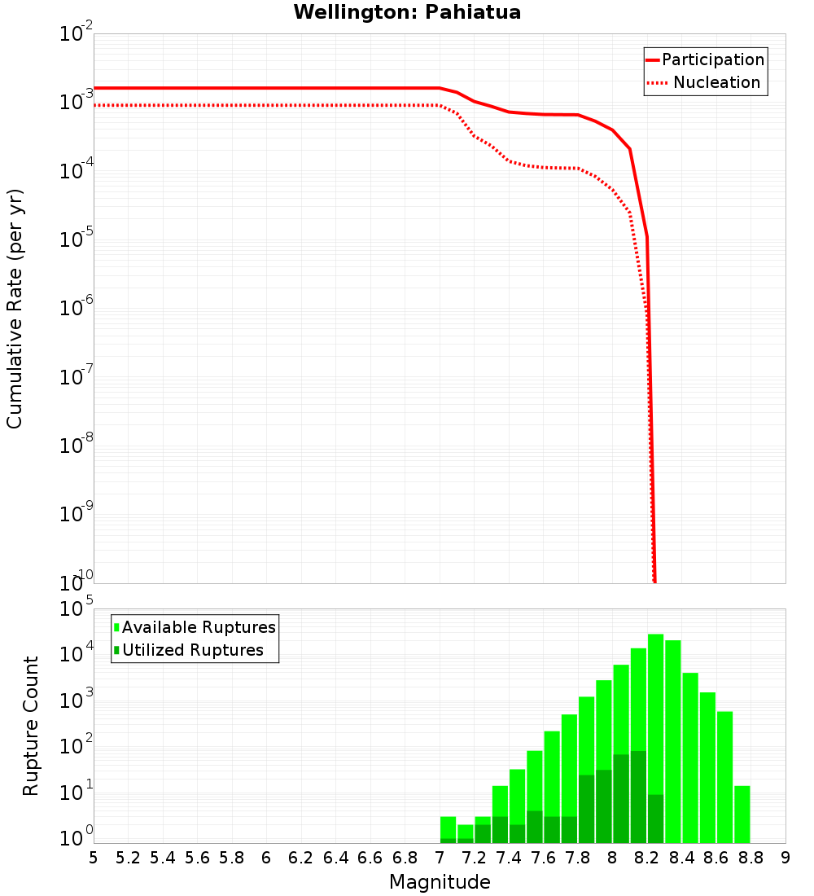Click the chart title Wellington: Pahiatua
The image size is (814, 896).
click(x=407, y=12)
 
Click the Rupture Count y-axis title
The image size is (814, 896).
click(x=31, y=725)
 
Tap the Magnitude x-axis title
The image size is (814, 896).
click(x=440, y=882)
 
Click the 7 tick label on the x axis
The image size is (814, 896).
click(x=440, y=858)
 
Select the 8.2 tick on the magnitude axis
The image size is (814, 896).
click(x=647, y=858)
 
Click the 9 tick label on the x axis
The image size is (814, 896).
click(x=786, y=858)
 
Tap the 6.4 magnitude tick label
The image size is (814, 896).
click(x=335, y=858)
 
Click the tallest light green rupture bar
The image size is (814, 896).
click(x=655, y=733)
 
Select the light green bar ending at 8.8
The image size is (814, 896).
click(x=742, y=815)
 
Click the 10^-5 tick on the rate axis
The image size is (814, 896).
click(x=77, y=239)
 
